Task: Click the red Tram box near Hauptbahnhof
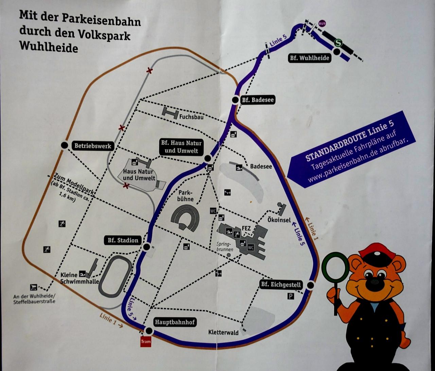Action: click(x=145, y=341)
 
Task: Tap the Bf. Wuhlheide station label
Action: click(x=309, y=58)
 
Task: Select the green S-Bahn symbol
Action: click(x=338, y=43)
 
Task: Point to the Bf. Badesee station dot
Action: click(x=235, y=100)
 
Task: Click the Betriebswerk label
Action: click(x=93, y=146)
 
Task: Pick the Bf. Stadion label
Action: click(x=123, y=240)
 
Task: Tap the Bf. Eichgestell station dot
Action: click(x=310, y=285)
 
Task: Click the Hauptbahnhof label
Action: click(x=175, y=322)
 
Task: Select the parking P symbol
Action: click(x=291, y=296)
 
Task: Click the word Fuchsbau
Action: click(x=191, y=117)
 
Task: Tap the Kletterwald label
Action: click(x=223, y=332)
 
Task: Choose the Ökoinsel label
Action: click(x=279, y=220)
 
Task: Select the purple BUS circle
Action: click(x=322, y=23)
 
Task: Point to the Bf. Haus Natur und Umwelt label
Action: click(x=181, y=147)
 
